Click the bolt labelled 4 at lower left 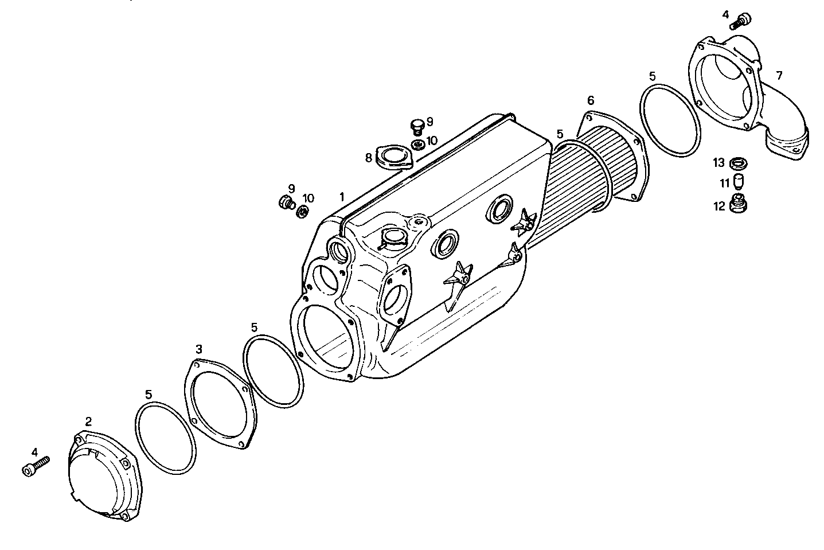(x=34, y=466)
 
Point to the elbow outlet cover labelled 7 (x=745, y=97)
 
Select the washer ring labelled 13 (x=738, y=164)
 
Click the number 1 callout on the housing (x=342, y=197)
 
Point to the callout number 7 (x=779, y=75)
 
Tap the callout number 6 (x=591, y=101)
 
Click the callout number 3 (x=198, y=349)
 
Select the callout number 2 (x=88, y=422)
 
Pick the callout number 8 (x=369, y=158)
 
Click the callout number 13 (x=719, y=163)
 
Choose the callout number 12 (x=720, y=206)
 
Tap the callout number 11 (x=724, y=184)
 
